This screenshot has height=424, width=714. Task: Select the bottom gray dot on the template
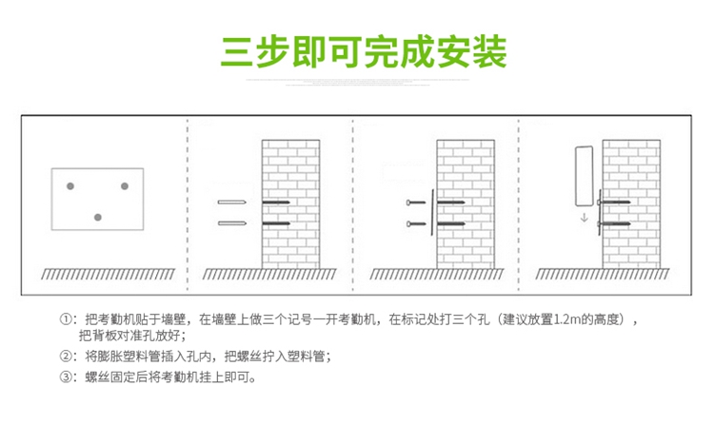pos(97,218)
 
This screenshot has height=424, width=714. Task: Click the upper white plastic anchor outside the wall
pos(232,202)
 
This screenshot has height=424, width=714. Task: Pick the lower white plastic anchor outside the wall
pos(232,223)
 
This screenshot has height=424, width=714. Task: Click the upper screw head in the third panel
pos(410,202)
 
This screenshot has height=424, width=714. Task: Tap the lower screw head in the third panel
pos(410,224)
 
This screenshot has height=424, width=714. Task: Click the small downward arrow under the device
pos(584,218)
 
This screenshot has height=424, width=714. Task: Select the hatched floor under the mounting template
pos(95,274)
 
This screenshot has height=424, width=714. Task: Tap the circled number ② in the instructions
pos(66,357)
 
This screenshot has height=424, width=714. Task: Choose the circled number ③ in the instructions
pos(66,377)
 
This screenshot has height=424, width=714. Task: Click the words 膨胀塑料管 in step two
pos(113,357)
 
